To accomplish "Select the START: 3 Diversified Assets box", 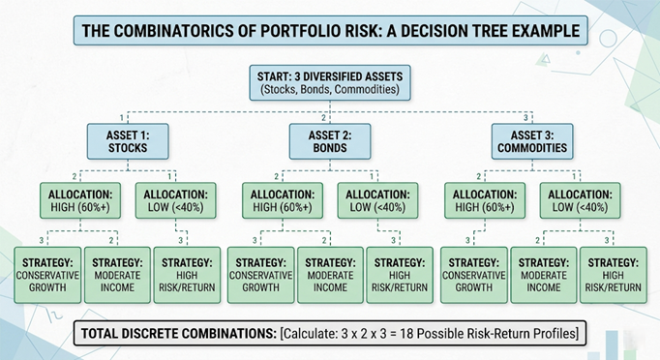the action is (330, 82).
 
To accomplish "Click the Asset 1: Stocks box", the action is (128, 141).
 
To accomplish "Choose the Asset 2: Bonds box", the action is (330, 141).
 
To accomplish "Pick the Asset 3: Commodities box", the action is (532, 141).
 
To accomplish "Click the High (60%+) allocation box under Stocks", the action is (80, 200).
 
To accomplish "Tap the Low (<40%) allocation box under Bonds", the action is (378, 200).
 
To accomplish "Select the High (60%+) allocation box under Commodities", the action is (485, 200).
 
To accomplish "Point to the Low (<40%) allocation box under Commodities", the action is (580, 200).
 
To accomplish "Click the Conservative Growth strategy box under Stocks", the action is (47, 275).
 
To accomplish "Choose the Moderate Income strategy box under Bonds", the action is (330, 275).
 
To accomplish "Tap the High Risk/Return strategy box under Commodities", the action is (614, 275).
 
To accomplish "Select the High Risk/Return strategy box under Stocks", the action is (187, 275).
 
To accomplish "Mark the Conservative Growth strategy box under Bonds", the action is (261, 275).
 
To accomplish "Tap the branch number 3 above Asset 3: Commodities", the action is (525, 118).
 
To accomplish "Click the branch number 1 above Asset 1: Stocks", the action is (122, 118).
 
